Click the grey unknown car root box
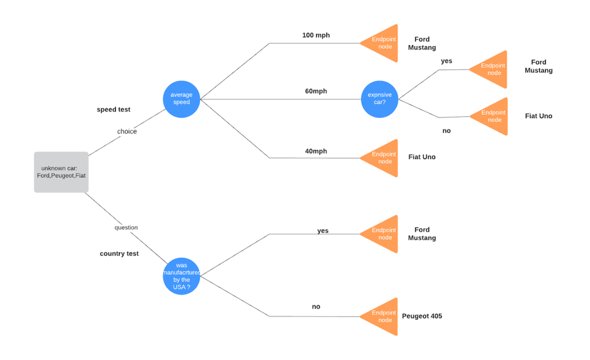click(61, 172)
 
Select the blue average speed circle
click(181, 99)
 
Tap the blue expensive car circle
click(380, 99)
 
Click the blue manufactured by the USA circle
click(181, 276)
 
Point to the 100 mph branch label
click(316, 35)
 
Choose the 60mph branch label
click(316, 91)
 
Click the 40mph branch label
click(316, 151)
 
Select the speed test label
click(114, 110)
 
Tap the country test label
click(119, 253)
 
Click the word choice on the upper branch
click(127, 132)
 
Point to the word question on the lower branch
click(126, 228)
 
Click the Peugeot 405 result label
click(421, 316)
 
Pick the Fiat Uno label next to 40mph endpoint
click(421, 157)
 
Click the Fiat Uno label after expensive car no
click(538, 116)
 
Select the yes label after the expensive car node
click(446, 61)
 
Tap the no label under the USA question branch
click(316, 307)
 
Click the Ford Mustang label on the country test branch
click(421, 234)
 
